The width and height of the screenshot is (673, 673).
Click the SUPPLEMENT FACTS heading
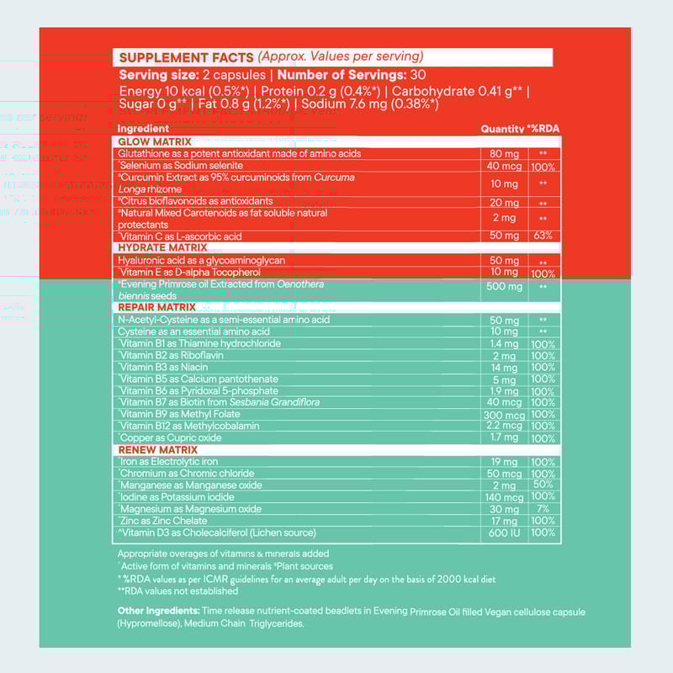click(186, 57)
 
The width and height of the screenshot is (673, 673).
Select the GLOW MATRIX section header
click(155, 141)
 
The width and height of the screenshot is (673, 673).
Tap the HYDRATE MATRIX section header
click(162, 248)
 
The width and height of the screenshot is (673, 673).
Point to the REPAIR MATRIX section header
click(156, 307)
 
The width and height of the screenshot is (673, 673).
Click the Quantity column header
click(502, 129)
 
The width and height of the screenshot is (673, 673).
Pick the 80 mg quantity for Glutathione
click(504, 154)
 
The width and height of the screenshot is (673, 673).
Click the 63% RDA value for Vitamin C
click(543, 236)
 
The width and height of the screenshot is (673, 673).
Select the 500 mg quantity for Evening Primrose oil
click(504, 286)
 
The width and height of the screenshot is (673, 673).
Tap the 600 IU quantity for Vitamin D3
click(504, 533)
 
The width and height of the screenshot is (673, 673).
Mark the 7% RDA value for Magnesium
click(543, 509)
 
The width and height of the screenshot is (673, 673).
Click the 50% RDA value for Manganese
click(543, 485)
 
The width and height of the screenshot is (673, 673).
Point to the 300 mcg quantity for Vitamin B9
click(504, 415)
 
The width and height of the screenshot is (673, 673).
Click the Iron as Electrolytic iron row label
click(168, 462)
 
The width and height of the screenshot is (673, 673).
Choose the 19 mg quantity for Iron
click(504, 462)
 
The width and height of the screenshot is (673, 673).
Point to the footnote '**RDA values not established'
click(178, 591)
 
